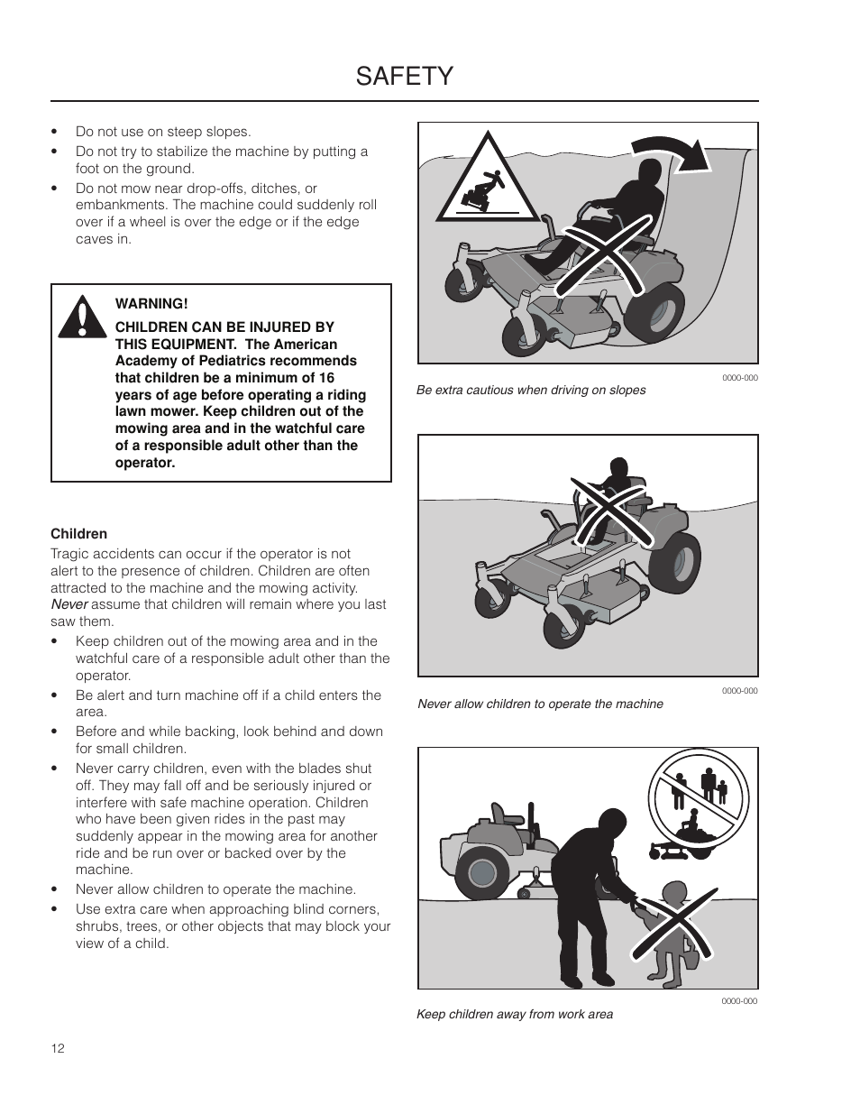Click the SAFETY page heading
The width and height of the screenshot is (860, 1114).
404,77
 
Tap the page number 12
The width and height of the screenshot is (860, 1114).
58,1048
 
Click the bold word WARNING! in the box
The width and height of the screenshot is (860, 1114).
151,304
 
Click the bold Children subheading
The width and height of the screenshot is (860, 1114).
78,534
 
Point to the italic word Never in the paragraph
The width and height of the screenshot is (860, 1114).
69,604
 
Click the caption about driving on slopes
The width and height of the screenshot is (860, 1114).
531,391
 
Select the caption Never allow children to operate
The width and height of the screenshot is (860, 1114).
540,704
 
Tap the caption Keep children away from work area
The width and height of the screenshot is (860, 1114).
514,1014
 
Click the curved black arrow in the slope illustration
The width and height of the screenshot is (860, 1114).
672,154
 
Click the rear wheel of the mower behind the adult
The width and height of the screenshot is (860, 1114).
482,873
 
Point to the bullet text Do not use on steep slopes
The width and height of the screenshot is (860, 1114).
163,132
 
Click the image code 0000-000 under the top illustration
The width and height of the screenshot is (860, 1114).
739,378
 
